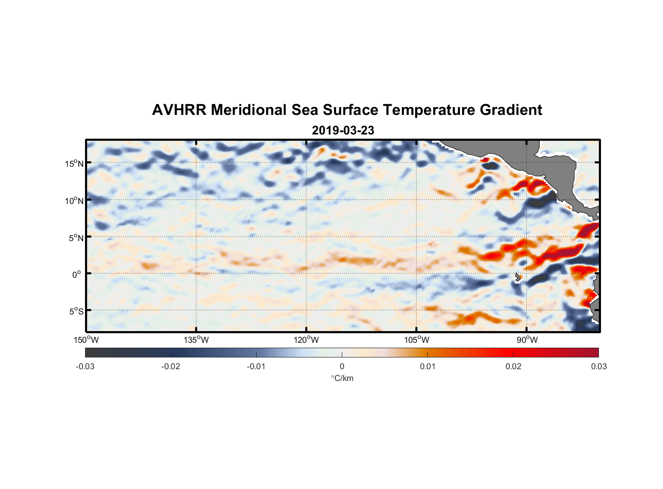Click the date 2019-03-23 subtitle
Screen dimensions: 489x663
(343, 131)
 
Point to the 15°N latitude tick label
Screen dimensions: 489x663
(74, 163)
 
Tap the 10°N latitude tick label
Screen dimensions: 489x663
(74, 200)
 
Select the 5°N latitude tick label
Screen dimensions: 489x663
(76, 238)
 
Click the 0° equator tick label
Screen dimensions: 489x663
(77, 274)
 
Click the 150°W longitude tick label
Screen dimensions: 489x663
(87, 340)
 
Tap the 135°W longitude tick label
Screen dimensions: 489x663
(196, 340)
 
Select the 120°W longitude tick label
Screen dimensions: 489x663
(307, 340)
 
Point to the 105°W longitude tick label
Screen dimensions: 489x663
(417, 340)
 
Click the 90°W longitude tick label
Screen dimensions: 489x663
(527, 340)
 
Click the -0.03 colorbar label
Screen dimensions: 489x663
(85, 366)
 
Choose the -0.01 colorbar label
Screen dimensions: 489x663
(256, 366)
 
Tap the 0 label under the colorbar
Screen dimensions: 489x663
(342, 366)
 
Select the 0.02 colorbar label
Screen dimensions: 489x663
(513, 366)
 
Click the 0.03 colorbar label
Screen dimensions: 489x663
(598, 366)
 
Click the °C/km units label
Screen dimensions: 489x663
(342, 378)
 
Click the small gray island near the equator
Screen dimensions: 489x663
(518, 277)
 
